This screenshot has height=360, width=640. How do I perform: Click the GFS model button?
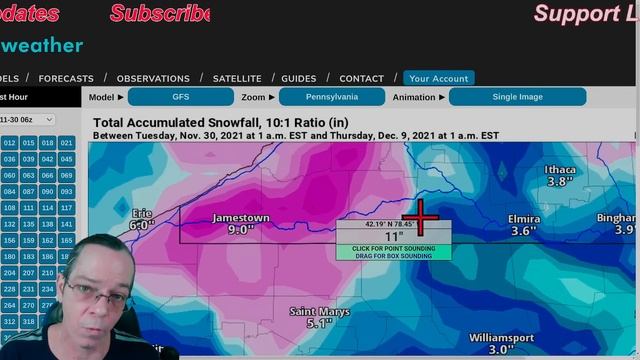(180, 97)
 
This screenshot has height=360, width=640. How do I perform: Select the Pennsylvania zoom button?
(331, 97)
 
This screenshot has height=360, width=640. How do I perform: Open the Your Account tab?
(438, 78)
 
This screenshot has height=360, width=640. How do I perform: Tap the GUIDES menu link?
(299, 78)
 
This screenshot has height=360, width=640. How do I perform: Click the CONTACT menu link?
(361, 78)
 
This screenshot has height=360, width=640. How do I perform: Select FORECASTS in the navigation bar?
(66, 78)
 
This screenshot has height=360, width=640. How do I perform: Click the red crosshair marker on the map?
(421, 217)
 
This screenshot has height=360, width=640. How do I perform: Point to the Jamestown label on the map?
(241, 218)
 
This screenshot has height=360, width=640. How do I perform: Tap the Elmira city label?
(524, 219)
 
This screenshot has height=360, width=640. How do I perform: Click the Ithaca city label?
(560, 170)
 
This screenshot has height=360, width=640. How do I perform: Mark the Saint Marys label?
(319, 312)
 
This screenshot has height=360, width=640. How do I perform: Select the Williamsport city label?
(502, 338)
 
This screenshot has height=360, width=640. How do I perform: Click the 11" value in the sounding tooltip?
(393, 236)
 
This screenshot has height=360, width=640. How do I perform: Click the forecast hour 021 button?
(66, 143)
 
